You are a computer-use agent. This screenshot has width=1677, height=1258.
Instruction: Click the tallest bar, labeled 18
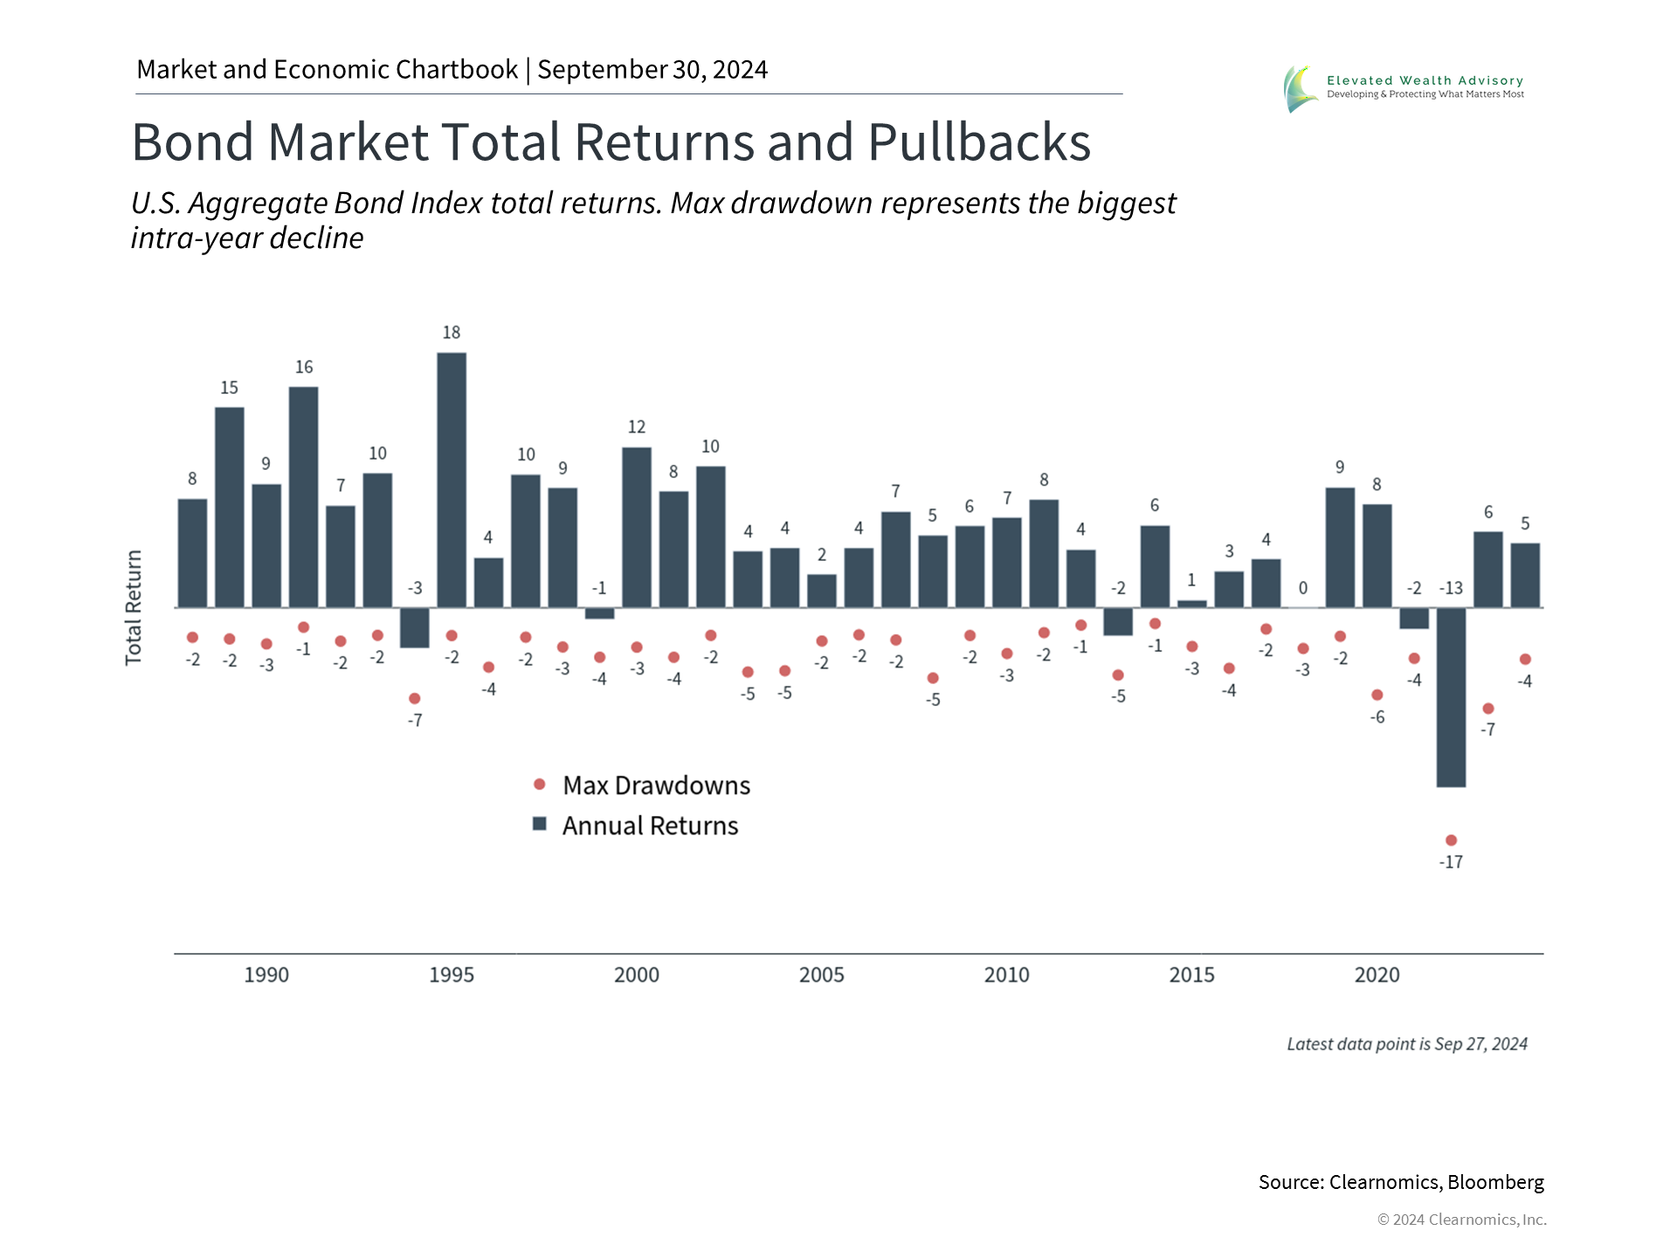(452, 480)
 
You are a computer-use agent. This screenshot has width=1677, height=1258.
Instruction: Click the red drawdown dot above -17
(1451, 840)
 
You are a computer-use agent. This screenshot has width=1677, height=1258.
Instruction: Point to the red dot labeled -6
(1377, 695)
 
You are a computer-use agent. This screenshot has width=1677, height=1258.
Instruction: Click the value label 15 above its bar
(229, 388)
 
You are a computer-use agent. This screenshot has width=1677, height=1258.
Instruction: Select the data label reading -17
(1451, 862)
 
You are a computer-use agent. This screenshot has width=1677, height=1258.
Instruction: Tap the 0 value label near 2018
(1302, 588)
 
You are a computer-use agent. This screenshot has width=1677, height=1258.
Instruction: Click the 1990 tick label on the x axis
(266, 975)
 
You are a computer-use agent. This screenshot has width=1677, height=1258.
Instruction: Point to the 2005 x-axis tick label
(821, 975)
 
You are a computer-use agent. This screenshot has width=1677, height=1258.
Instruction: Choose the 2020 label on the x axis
(1377, 975)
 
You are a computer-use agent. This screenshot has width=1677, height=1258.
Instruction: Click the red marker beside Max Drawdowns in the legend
(540, 785)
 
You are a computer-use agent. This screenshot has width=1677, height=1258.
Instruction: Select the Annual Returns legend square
(540, 825)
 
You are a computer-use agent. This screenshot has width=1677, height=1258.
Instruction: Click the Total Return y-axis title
(134, 608)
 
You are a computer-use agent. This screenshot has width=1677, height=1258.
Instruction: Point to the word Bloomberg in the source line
(1495, 1182)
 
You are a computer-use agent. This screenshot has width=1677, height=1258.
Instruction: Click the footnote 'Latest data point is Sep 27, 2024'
(1406, 1044)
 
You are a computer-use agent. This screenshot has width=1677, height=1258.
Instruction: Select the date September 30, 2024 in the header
(652, 70)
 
